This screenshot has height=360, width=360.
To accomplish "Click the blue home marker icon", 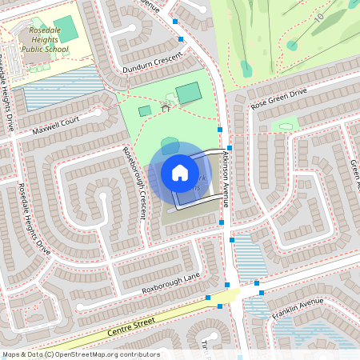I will [180, 172].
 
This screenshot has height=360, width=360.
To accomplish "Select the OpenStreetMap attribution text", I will [81, 354].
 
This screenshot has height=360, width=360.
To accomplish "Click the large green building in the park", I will [189, 93].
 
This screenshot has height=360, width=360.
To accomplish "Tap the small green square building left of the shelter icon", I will [145, 111].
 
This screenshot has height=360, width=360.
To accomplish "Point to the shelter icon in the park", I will [166, 106].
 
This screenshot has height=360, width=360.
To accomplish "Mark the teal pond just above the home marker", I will [170, 145].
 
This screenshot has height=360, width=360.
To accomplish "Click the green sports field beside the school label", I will [66, 29].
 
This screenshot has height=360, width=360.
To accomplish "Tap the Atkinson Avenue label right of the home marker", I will [226, 180].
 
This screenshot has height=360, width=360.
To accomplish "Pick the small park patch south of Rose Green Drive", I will [286, 126].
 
